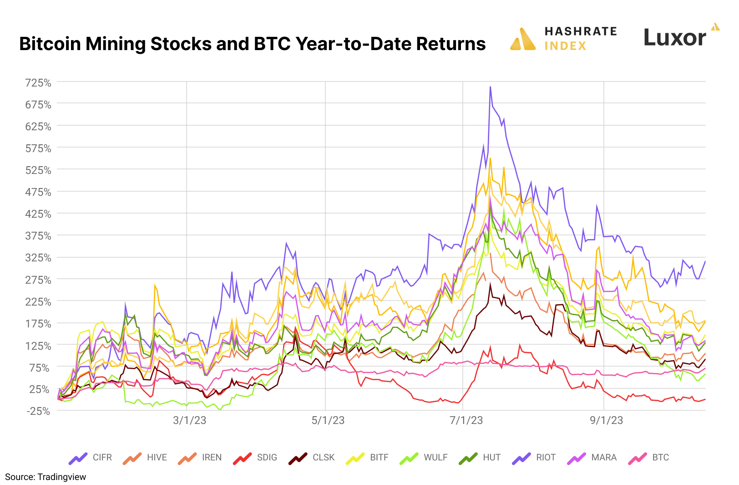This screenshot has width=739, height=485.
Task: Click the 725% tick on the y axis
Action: pyautogui.click(x=38, y=83)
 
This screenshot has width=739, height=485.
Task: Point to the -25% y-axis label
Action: pyautogui.click(x=38, y=411)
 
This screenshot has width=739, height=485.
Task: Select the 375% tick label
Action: pyautogui.click(x=38, y=236)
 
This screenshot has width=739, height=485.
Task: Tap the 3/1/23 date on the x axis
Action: pyautogui.click(x=189, y=420)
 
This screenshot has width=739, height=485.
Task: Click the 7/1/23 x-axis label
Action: pyautogui.click(x=466, y=420)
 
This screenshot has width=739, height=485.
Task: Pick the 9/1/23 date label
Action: pyautogui.click(x=606, y=420)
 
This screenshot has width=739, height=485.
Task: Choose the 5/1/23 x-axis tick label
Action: pyautogui.click(x=328, y=420)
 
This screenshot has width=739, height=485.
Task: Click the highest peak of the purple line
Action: pyautogui.click(x=490, y=87)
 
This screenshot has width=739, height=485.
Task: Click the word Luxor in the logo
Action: pyautogui.click(x=675, y=38)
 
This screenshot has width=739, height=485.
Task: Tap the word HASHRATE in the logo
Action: pyautogui.click(x=581, y=31)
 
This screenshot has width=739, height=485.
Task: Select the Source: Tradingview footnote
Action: pyautogui.click(x=46, y=477)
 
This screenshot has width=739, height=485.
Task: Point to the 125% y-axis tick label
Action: pyautogui.click(x=38, y=346)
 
